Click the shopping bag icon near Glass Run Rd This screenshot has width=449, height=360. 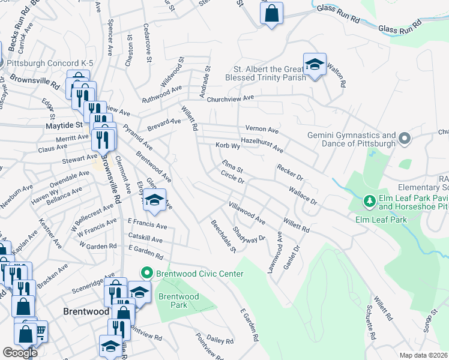tap(271, 13)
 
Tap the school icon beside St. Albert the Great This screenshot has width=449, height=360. tap(313, 65)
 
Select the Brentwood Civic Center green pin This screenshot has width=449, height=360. tap(144, 274)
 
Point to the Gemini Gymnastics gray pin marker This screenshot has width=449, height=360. tap(404, 139)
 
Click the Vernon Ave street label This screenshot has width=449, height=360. tap(262, 129)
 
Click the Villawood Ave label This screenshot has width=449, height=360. tap(247, 213)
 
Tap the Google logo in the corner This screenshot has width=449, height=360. tap(20, 353)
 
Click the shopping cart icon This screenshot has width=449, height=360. tap(41, 331)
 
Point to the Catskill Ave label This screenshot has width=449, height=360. tap(145, 239)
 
